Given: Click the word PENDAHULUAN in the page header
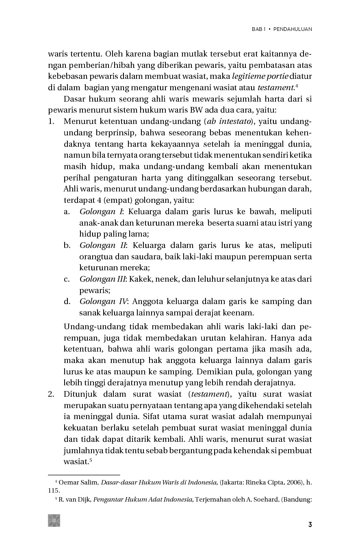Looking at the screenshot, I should (293, 29).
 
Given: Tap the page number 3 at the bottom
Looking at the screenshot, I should (310, 524).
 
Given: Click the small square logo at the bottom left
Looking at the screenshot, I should (54, 521).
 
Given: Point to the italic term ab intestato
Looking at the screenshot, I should (228, 122).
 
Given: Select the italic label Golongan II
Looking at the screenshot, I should (103, 246).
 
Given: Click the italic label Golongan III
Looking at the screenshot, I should (102, 279).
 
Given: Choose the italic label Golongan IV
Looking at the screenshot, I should (103, 302).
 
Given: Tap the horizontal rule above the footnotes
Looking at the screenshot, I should (84, 474).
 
